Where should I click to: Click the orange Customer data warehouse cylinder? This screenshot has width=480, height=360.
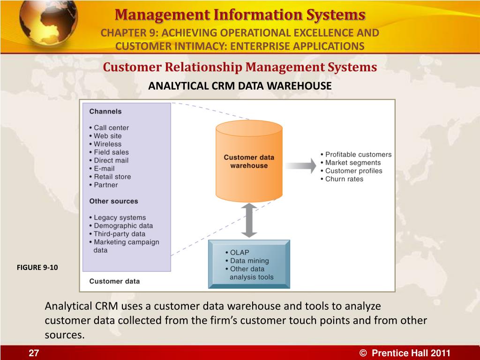[x=249, y=162]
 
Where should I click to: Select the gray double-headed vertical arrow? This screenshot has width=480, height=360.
[x=249, y=221]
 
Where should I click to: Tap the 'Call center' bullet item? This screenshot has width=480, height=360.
[x=111, y=127]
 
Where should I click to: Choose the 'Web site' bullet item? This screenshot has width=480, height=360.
[x=107, y=136]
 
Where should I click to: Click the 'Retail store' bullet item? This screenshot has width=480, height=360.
[x=112, y=177]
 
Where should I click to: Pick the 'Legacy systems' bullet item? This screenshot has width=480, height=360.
[x=119, y=217]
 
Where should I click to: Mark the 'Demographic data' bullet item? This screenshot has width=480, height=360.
[x=123, y=225]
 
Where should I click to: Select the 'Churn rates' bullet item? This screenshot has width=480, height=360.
[x=344, y=179]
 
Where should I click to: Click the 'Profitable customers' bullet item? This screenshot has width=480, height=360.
[x=358, y=155]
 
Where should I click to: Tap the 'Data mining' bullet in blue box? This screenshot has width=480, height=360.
[x=249, y=261]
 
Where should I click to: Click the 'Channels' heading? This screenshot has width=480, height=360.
[x=105, y=112]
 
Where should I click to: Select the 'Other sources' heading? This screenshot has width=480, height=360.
[x=114, y=201]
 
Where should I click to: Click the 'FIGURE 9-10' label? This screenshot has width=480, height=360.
[x=37, y=268]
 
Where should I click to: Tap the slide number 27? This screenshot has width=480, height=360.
[x=33, y=353]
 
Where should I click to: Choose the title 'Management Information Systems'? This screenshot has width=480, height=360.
[x=240, y=15]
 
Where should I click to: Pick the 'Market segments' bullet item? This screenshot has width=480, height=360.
[x=352, y=163]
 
